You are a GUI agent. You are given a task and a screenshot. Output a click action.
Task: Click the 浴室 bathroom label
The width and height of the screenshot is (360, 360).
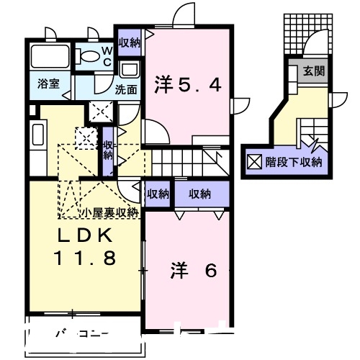tap(48, 84)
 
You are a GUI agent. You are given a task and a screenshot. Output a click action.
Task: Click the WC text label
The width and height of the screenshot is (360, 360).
tap(106, 56)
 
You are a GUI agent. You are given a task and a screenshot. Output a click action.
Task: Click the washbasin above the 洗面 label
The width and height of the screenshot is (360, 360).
tap(130, 71)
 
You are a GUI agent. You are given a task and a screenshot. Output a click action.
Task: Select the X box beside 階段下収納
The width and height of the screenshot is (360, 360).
tap(255, 161)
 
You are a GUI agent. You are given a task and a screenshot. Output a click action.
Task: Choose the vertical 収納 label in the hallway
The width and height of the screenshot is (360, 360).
tap(107, 149)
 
